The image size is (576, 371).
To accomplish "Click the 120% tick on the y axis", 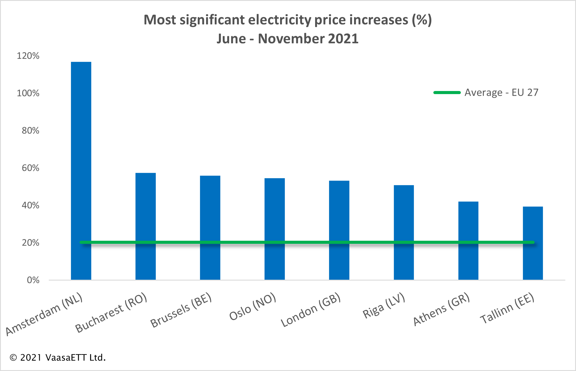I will pyautogui.click(x=28, y=56).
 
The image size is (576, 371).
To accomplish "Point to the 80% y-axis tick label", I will pyautogui.click(x=31, y=131).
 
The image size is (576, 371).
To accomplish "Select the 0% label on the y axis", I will pyautogui.click(x=33, y=280).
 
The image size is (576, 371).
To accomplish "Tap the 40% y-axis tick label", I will pyautogui.click(x=31, y=205).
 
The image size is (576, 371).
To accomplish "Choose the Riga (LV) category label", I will pyautogui.click(x=384, y=306).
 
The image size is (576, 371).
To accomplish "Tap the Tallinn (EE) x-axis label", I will pyautogui.click(x=507, y=308).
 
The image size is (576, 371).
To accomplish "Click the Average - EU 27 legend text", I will pyautogui.click(x=501, y=93).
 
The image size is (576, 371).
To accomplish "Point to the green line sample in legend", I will pyautogui.click(x=447, y=93).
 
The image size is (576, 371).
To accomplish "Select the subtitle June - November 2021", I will pyautogui.click(x=288, y=39).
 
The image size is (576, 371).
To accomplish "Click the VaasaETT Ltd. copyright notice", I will pyautogui.click(x=58, y=358).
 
